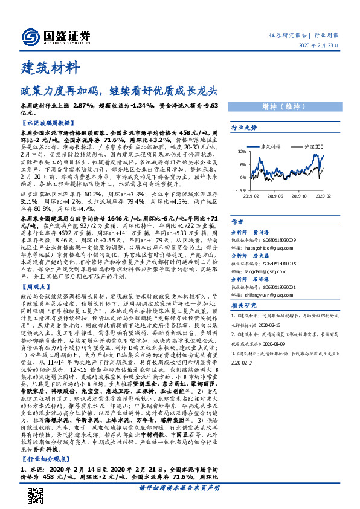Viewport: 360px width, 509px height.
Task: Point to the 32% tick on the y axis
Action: click(242, 152)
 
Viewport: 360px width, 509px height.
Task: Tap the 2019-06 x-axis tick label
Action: click(275, 195)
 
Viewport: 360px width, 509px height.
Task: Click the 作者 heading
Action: click(237, 221)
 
